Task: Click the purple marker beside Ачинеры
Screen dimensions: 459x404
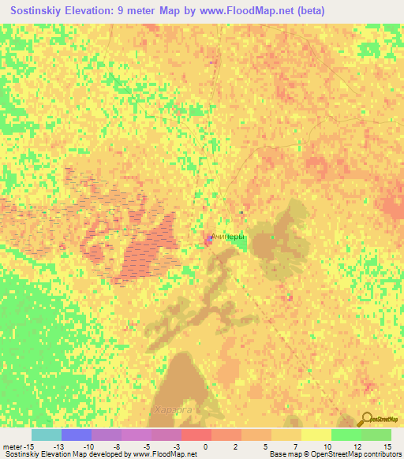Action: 210,238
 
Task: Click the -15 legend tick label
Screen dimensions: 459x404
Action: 28,447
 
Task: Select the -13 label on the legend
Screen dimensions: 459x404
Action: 58,447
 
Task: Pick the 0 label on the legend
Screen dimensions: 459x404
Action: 205,447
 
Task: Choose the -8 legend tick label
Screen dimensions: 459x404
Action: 116,447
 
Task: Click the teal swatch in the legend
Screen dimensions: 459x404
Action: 47,435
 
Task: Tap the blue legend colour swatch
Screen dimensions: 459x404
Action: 77,435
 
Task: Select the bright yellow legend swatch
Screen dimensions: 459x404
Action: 316,435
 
